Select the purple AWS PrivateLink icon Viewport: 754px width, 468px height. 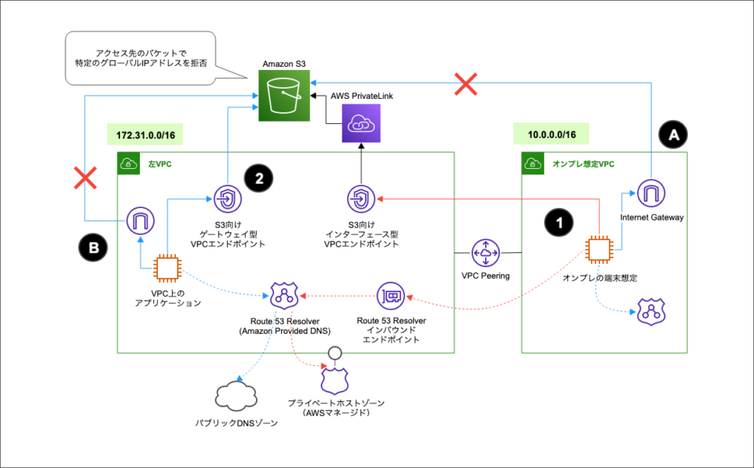[x=361, y=124]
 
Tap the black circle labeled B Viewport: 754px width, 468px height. [x=93, y=249]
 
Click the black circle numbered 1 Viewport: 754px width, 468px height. [x=559, y=223]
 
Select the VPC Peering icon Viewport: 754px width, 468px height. [x=486, y=253]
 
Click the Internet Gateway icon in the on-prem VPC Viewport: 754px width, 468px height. [x=650, y=193]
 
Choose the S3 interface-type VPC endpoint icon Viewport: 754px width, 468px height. [x=361, y=199]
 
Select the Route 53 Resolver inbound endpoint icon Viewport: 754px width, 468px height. [x=390, y=296]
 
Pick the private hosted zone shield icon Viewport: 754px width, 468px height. [x=334, y=380]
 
